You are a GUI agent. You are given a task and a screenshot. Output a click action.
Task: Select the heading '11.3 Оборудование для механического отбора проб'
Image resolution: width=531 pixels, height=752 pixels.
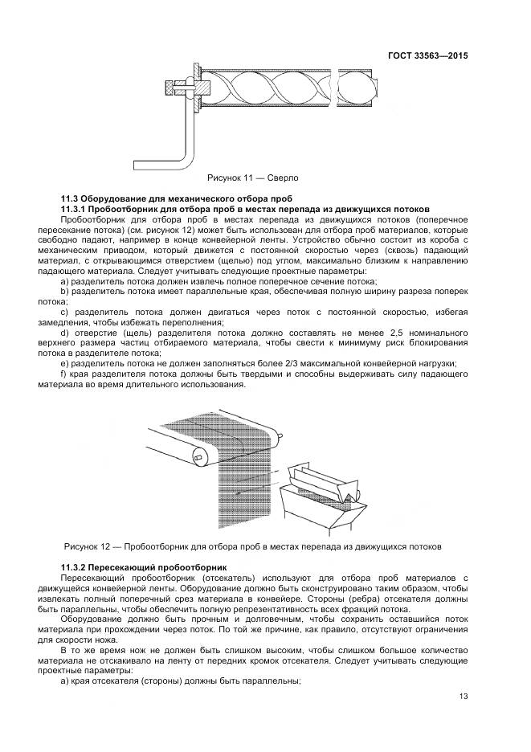pyautogui.click(x=176, y=198)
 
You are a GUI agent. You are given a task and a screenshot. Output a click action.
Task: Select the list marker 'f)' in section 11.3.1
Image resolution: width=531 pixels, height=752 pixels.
pyautogui.click(x=63, y=374)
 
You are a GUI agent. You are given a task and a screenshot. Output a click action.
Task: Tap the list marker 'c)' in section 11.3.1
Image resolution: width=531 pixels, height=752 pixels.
pyautogui.click(x=63, y=312)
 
